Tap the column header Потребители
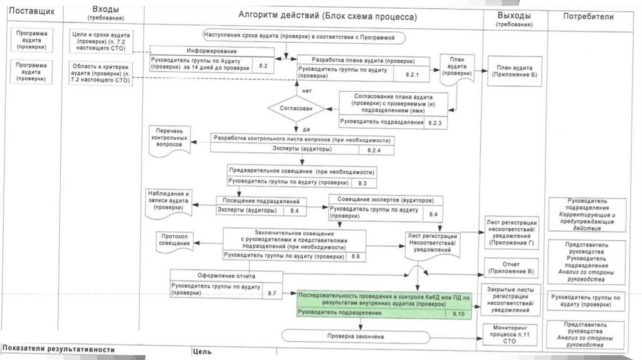589,16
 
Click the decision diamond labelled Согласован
296,109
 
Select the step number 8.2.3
435,122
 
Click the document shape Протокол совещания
175,242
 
